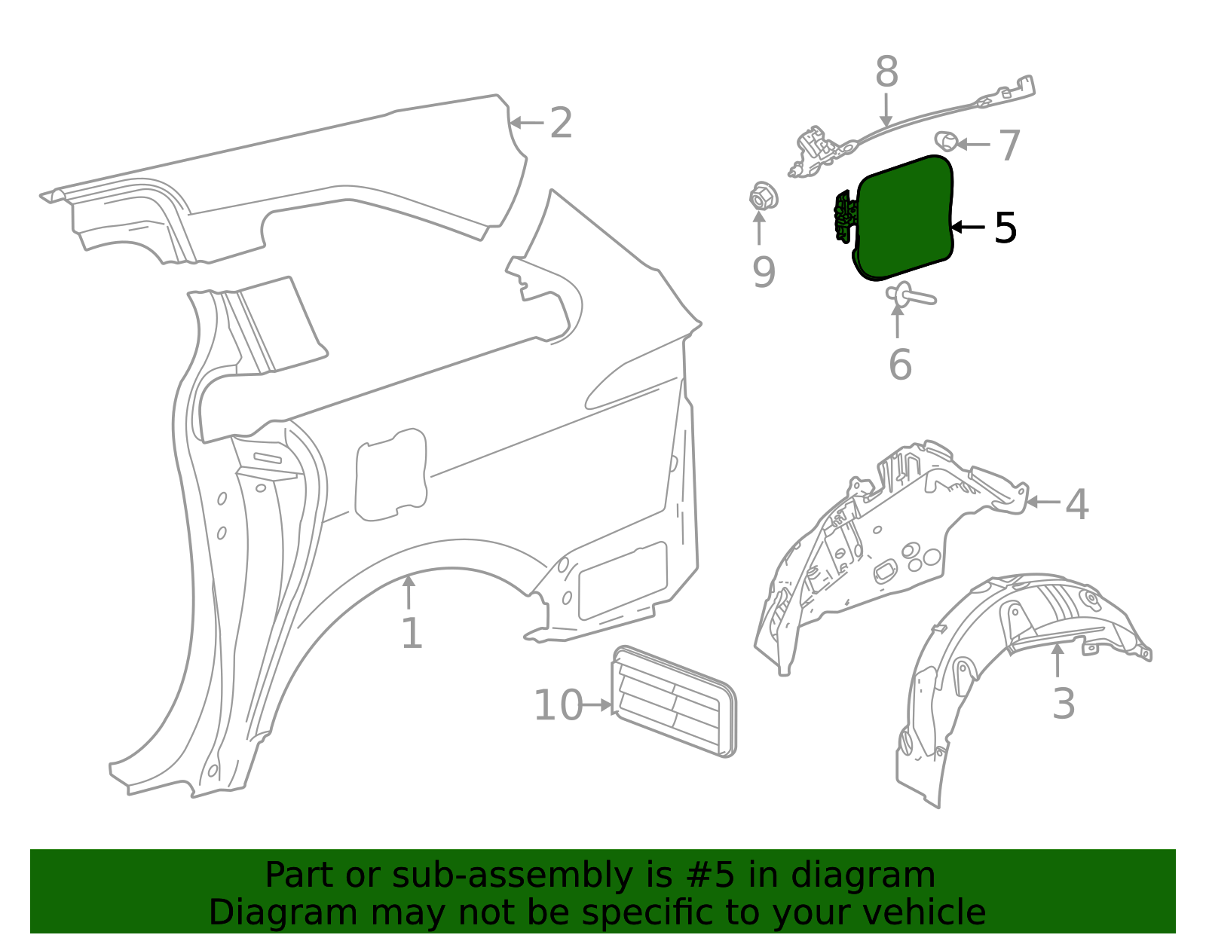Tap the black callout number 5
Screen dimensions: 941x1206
pos(1006,228)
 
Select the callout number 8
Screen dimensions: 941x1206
pos(886,73)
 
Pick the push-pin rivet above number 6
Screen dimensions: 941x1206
pos(909,295)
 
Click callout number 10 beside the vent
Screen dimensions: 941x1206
pos(558,706)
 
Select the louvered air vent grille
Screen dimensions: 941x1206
pos(674,702)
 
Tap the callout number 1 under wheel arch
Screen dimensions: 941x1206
pos(412,634)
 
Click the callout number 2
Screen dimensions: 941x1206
pos(561,123)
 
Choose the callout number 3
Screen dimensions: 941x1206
pos(1063,704)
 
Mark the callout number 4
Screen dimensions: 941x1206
pos(1077,504)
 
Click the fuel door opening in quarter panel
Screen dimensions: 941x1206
pos(390,475)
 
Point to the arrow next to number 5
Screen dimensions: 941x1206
pos(968,227)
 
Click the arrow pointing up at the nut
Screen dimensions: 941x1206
pos(759,230)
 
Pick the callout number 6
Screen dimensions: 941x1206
pos(900,365)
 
